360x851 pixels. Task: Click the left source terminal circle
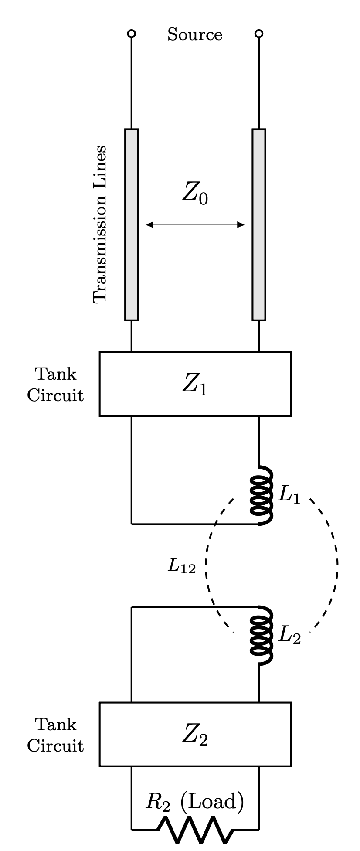(x=132, y=34)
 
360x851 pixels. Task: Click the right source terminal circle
(x=259, y=34)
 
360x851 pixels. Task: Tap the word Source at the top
(x=195, y=34)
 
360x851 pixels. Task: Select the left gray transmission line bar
(x=132, y=225)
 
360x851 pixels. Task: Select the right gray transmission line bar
(x=259, y=225)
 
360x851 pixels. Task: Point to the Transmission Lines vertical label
(x=100, y=224)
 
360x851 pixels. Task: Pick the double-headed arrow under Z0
(x=195, y=225)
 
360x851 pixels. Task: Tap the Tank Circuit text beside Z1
(x=55, y=385)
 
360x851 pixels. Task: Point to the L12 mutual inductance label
(x=182, y=566)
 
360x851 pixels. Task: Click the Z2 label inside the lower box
(x=195, y=736)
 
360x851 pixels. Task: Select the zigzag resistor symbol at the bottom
(x=195, y=829)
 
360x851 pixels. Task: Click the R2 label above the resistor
(x=157, y=803)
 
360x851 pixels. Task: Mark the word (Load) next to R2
(x=212, y=802)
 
